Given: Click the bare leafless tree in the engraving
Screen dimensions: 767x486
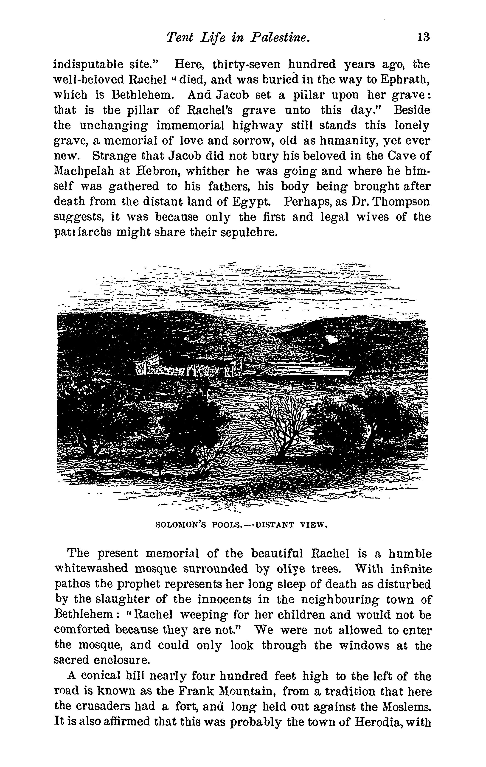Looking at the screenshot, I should coord(284,424).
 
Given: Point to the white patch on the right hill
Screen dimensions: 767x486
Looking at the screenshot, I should coord(332,339).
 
